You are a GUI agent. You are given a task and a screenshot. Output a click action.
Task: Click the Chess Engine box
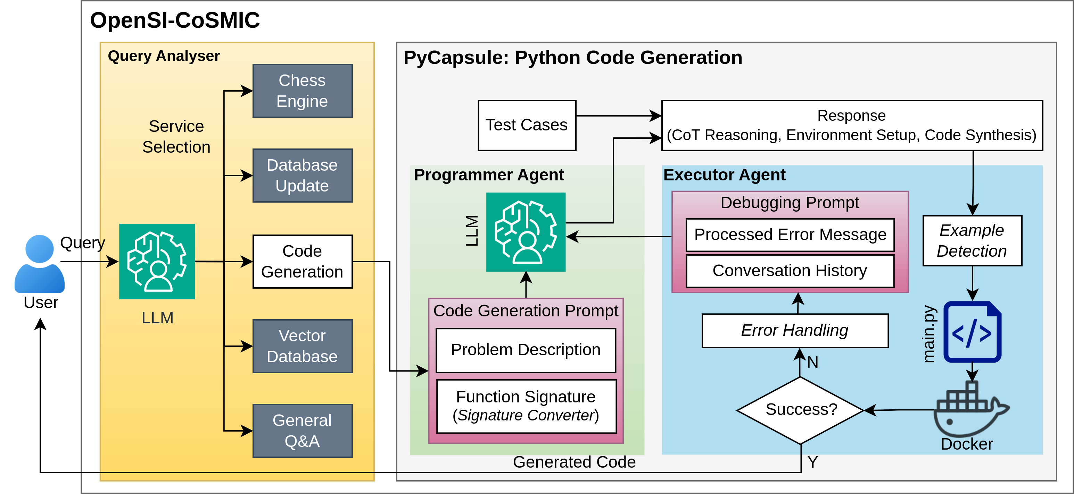(x=302, y=91)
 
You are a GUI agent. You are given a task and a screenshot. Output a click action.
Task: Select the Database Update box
(x=302, y=175)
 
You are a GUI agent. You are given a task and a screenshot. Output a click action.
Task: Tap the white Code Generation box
(x=302, y=262)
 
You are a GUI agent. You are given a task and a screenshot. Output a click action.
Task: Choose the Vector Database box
(x=302, y=346)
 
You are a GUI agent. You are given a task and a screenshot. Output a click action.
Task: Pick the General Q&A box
(x=302, y=431)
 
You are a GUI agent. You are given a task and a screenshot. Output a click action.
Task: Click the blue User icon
(x=40, y=264)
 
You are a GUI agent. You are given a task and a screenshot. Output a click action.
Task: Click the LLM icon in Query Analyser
(x=157, y=262)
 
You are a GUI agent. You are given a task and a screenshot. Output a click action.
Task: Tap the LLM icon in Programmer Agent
(x=526, y=232)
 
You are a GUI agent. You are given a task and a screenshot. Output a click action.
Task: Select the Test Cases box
(x=527, y=125)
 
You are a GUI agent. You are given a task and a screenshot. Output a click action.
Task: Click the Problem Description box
(x=526, y=350)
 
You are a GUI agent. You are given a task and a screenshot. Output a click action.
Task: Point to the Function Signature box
(x=526, y=406)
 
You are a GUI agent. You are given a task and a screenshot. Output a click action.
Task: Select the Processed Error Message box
(x=790, y=235)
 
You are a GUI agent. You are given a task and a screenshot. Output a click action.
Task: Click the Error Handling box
(x=795, y=331)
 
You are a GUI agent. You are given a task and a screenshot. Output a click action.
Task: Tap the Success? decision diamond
(x=801, y=410)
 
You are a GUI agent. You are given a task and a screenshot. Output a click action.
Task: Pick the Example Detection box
(x=972, y=241)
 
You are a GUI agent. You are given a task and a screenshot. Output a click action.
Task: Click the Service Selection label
(x=176, y=137)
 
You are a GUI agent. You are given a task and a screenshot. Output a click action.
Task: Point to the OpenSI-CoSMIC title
(x=175, y=20)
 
